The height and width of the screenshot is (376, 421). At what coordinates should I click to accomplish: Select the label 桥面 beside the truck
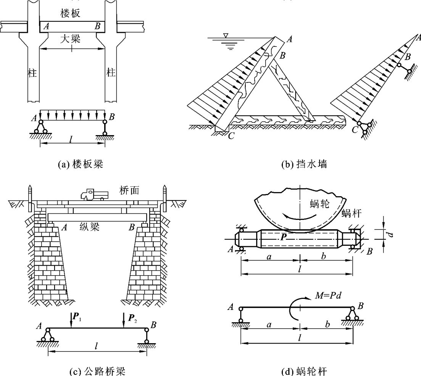tap(127, 190)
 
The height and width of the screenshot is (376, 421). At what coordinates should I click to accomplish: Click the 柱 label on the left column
tap(32, 73)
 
